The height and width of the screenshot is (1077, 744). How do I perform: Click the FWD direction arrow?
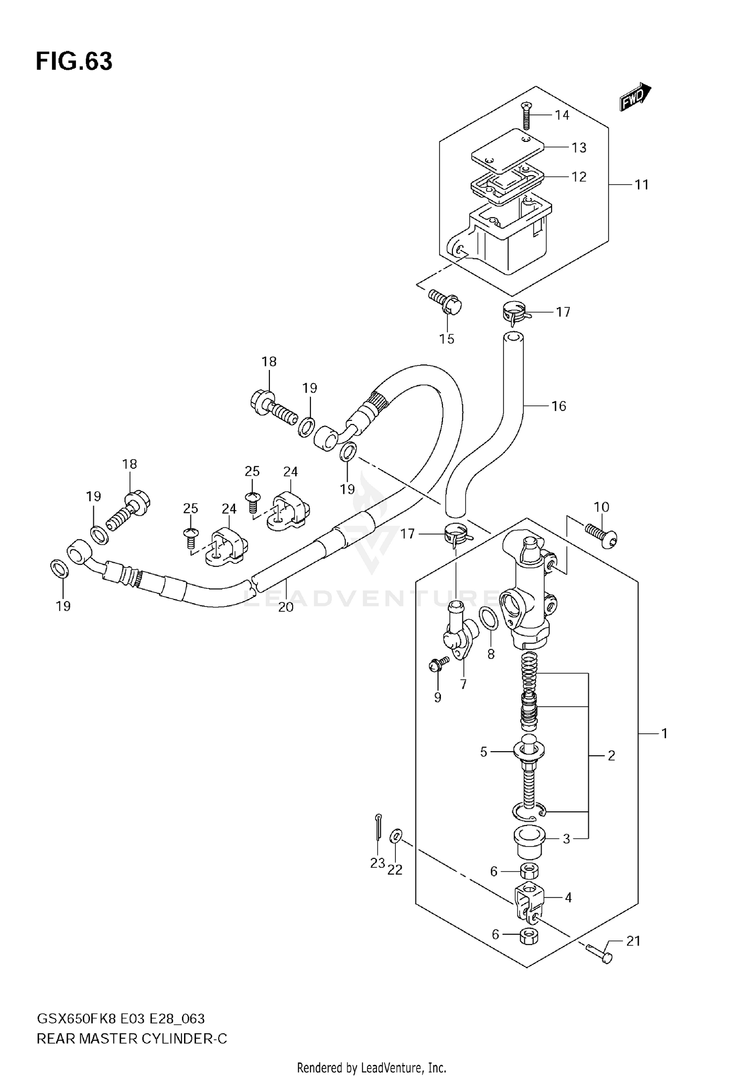pos(634,97)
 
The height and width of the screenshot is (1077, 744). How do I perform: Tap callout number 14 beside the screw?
pos(562,115)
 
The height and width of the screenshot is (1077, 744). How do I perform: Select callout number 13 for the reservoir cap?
pos(579,148)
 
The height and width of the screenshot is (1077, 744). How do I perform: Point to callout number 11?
pos(642,184)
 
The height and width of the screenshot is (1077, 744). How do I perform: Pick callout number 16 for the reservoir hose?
pos(559,406)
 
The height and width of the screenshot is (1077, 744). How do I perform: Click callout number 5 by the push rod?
pos(484,752)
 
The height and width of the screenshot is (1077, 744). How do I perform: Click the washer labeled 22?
pos(395,836)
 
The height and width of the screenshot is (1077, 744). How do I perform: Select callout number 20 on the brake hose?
pos(286,606)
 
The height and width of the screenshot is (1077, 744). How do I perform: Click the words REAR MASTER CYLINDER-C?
pos(132,1038)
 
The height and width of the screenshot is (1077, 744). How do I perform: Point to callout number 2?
pos(611,756)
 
